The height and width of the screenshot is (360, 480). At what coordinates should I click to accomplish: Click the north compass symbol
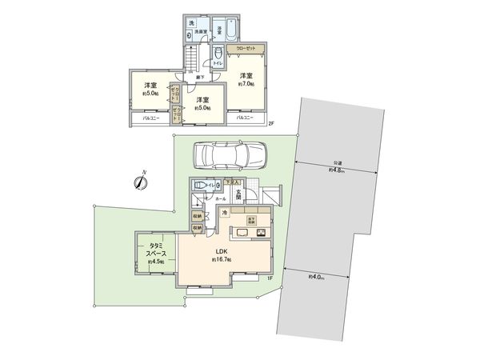click(x=139, y=182)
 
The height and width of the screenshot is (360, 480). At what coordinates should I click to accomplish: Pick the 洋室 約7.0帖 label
click(x=245, y=79)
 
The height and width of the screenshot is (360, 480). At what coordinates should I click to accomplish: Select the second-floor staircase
click(x=192, y=59)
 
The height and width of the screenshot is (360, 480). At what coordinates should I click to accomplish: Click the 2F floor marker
click(x=271, y=122)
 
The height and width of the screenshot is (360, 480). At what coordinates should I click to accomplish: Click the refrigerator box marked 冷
click(x=226, y=212)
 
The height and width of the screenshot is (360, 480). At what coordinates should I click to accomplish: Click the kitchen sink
click(x=241, y=234)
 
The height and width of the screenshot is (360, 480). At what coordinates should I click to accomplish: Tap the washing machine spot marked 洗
click(x=190, y=25)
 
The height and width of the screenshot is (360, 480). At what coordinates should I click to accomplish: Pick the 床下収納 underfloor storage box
click(x=250, y=219)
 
